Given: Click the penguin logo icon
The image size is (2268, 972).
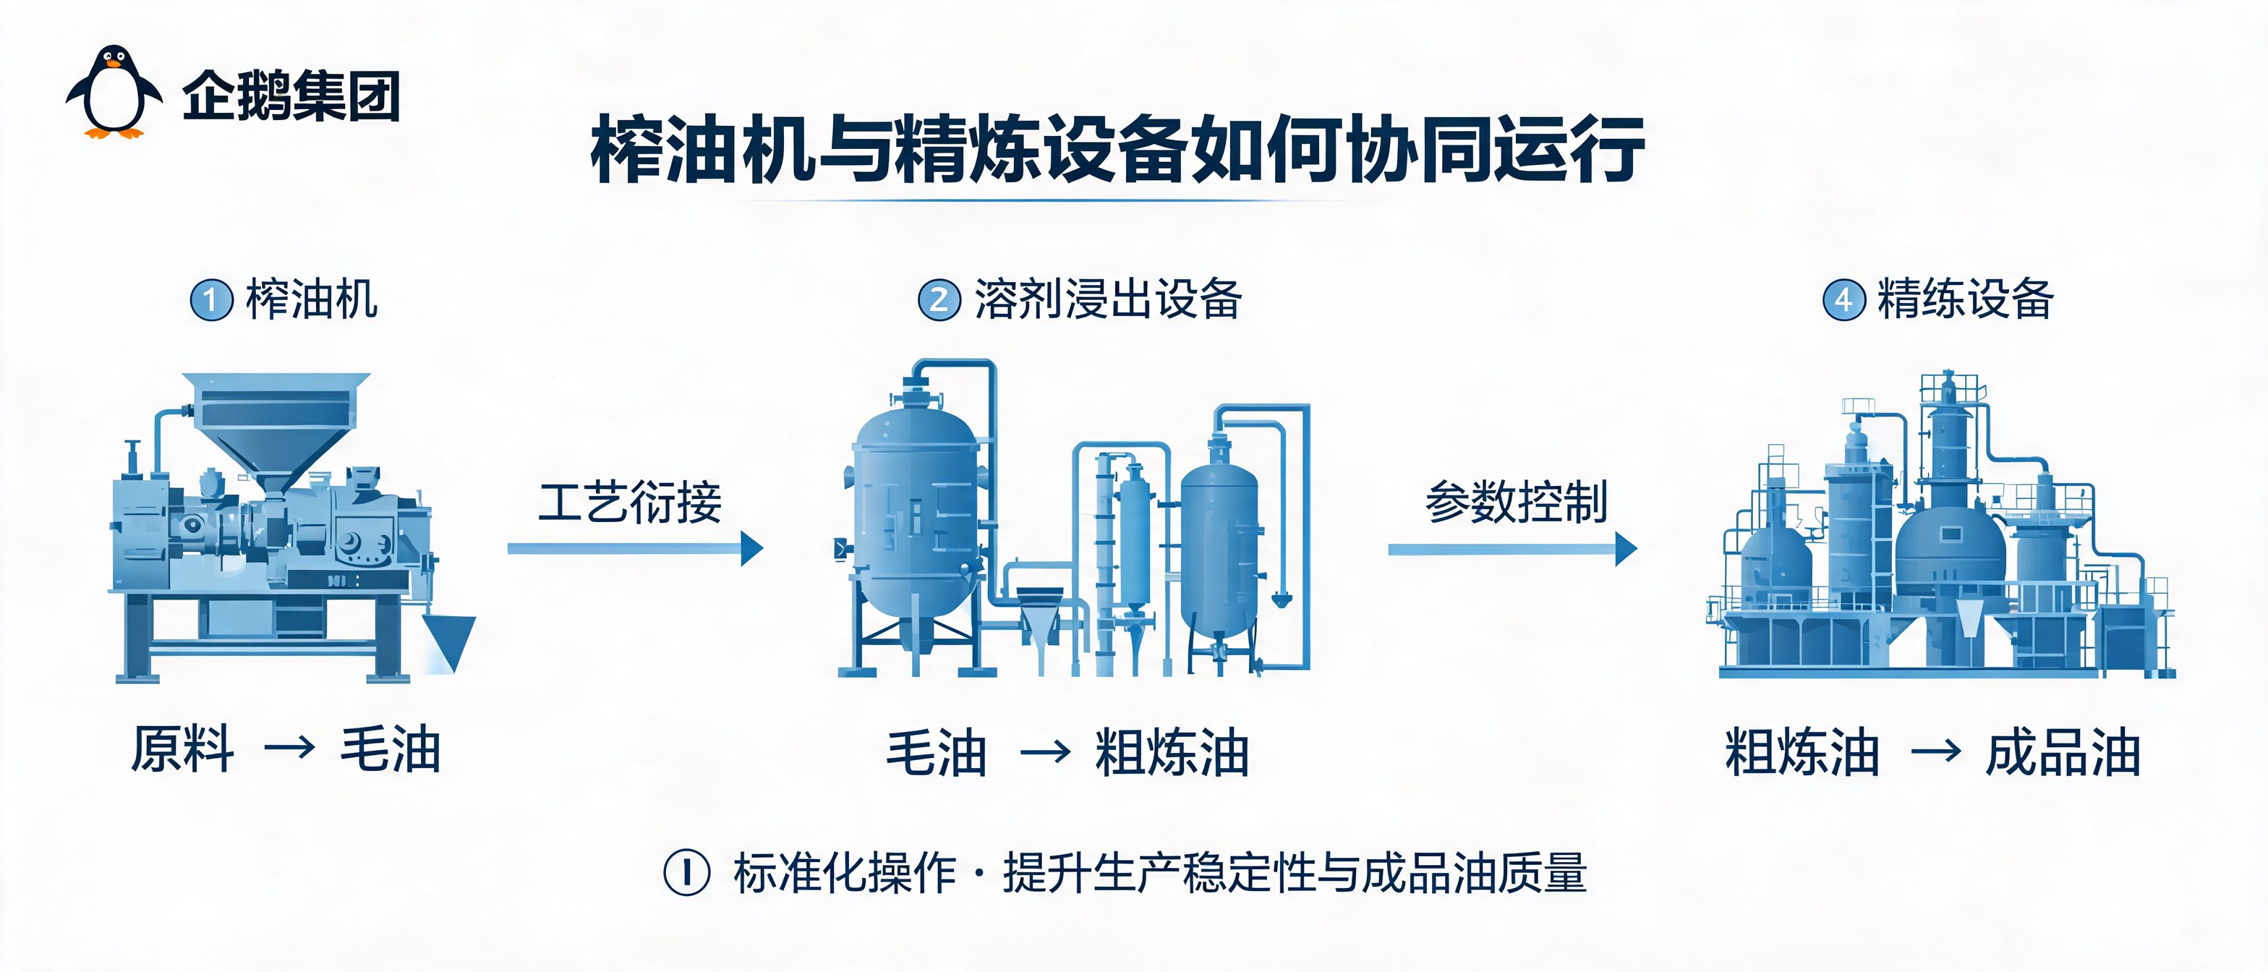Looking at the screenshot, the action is click(x=114, y=92).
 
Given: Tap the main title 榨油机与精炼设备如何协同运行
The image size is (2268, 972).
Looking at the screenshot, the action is click(x=1117, y=148).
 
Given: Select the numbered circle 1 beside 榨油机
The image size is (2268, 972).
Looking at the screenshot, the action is click(x=211, y=299).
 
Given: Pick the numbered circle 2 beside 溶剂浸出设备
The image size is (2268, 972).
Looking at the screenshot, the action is click(x=939, y=299).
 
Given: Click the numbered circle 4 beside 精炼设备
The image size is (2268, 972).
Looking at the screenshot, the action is click(x=1843, y=299).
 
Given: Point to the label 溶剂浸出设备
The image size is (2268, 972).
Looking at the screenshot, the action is click(x=1107, y=299).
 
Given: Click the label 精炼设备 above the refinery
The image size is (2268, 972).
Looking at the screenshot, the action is click(x=1965, y=299).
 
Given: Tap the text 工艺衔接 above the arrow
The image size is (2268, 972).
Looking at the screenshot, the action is click(x=631, y=502).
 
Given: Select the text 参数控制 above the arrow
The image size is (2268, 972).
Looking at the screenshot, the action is click(x=1516, y=502).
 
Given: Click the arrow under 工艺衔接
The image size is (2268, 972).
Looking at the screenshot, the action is click(x=636, y=548).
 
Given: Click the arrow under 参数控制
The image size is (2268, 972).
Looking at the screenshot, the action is click(x=1512, y=548).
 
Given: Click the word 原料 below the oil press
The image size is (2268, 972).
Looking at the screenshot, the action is click(x=183, y=749).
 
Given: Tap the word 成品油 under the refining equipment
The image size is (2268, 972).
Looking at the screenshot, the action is click(x=2063, y=752).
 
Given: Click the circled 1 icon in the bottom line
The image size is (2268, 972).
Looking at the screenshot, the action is click(x=687, y=871).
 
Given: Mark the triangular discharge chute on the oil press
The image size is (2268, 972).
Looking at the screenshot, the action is click(x=449, y=640).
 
